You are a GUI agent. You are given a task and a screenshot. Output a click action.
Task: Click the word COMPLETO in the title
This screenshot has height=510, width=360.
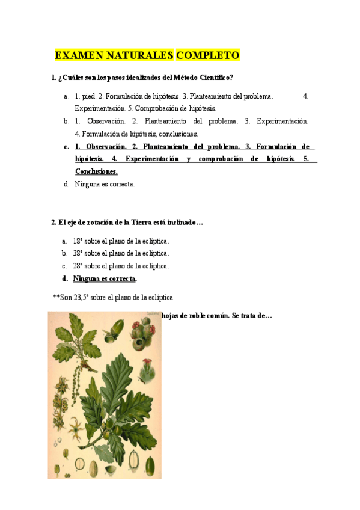pos(208,56)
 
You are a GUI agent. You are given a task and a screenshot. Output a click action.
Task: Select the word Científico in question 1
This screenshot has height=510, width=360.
pos(215,78)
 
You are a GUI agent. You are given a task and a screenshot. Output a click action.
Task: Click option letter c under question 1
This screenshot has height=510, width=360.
pos(66,146)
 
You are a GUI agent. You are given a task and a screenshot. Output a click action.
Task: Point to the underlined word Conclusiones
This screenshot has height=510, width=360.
pos(96,171)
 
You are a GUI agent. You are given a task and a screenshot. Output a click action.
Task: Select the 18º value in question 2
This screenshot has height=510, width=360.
pos(79,241)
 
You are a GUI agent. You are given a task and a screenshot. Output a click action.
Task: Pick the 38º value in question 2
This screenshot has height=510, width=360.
pos(79,254)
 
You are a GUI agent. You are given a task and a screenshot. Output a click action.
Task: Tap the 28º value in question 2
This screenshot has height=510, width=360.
pos(79,266)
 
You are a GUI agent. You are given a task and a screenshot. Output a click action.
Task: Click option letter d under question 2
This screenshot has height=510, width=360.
pos(65,278)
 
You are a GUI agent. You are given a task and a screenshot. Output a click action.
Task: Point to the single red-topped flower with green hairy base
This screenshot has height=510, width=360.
pos(147,365)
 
